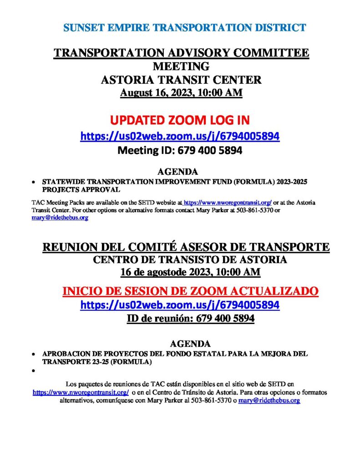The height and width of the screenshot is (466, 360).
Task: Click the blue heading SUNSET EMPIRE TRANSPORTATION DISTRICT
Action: click(184, 28)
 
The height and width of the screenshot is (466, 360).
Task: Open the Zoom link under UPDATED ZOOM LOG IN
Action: click(180, 136)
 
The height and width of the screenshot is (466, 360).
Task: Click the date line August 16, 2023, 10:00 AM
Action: click(181, 93)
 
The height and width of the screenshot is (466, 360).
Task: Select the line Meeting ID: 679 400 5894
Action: click(180, 150)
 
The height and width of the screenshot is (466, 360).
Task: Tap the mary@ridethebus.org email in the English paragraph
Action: click(60, 218)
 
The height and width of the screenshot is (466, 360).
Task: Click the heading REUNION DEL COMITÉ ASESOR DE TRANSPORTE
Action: click(186, 247)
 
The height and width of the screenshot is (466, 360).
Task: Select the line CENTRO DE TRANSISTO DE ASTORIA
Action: click(190, 260)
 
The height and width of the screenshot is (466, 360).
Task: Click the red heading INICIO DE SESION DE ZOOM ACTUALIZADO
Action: click(190, 291)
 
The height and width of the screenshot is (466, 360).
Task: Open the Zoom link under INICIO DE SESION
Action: click(180, 305)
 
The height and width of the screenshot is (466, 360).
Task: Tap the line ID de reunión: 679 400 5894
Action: click(190, 319)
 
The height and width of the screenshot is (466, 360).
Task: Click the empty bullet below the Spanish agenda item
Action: click(33, 371)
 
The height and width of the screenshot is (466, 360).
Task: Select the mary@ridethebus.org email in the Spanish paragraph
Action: click(269, 400)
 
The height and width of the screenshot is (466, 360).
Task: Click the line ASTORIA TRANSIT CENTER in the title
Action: click(181, 80)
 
